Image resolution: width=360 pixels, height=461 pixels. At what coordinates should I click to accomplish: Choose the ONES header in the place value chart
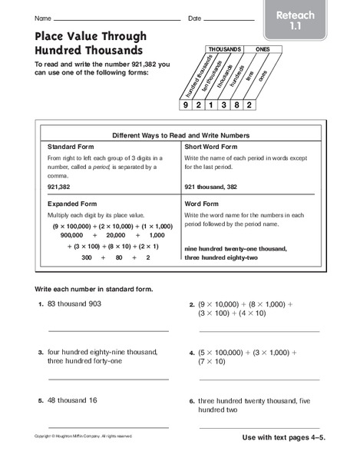260,49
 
